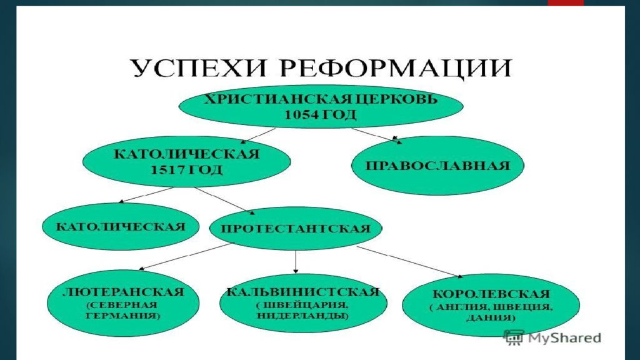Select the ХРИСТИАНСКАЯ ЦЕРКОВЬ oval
point(321,107)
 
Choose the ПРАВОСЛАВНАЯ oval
point(437,166)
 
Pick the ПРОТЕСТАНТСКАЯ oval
point(295,227)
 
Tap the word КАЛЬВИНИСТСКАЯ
point(303,292)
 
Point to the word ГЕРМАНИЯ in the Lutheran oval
point(124,316)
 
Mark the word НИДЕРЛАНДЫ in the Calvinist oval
point(303,316)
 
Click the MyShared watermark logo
point(552,338)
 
